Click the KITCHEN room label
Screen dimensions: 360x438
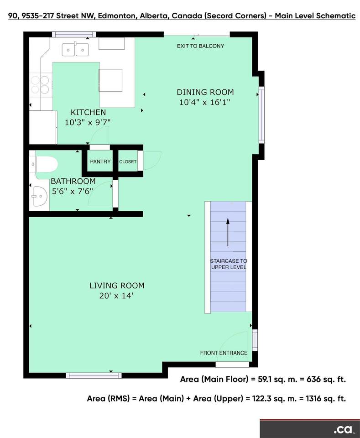coord(88,112)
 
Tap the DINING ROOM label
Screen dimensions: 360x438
coord(205,92)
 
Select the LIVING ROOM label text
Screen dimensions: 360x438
coord(117,286)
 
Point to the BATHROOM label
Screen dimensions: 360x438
coord(73,181)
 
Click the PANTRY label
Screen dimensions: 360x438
coord(100,162)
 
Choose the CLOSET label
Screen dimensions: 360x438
coord(128,162)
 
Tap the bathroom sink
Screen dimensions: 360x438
coord(39,196)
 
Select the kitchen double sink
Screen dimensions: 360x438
coord(75,49)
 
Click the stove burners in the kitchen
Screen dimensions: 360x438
coord(40,85)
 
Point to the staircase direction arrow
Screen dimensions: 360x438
coord(228,232)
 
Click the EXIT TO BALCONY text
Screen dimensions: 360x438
coord(200,46)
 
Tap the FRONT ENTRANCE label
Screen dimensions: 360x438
coord(224,353)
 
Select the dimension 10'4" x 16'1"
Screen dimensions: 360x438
coord(205,102)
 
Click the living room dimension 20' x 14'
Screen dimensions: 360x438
coord(116,296)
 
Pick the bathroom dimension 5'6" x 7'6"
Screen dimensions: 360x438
coord(73,191)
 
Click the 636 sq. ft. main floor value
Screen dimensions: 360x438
coord(326,379)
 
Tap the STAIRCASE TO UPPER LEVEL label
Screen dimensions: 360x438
coord(229,264)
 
